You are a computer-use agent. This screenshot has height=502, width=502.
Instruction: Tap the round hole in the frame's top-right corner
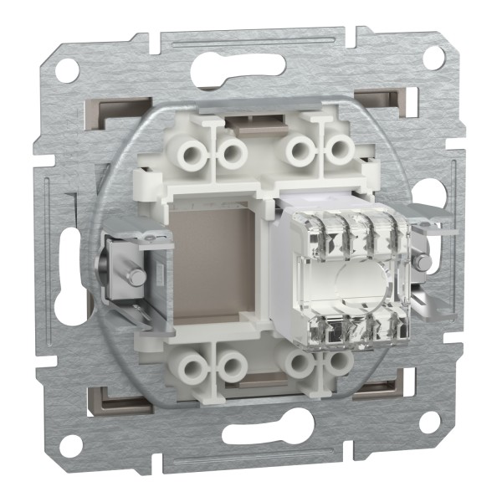[x=433, y=57]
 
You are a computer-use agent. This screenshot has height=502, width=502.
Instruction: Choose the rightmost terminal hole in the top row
[x=339, y=151]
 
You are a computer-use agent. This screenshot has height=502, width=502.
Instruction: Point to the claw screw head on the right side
[x=425, y=262]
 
